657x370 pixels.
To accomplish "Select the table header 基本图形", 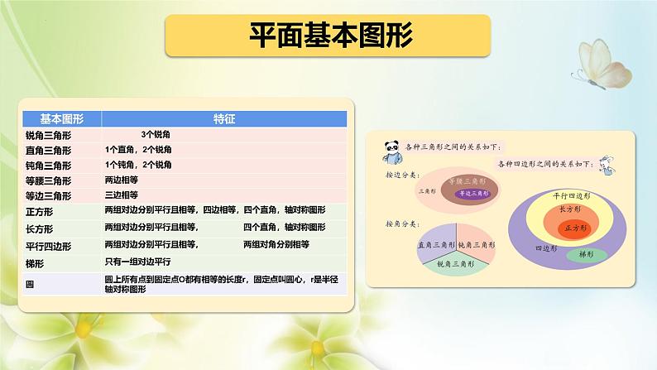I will pos(52,118).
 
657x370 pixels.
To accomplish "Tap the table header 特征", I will pos(223,118).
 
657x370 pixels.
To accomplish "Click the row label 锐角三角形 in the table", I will pos(49,134).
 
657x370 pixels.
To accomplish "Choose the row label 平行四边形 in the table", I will pos(49,246).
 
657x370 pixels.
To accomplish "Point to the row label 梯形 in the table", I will pos(38,262).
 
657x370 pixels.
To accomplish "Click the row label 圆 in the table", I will pos(31,284).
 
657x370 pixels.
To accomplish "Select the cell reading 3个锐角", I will pos(155,134).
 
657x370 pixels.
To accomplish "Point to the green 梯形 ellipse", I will pos(586,254).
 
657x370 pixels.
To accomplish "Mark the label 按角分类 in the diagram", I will pos(402,224).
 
